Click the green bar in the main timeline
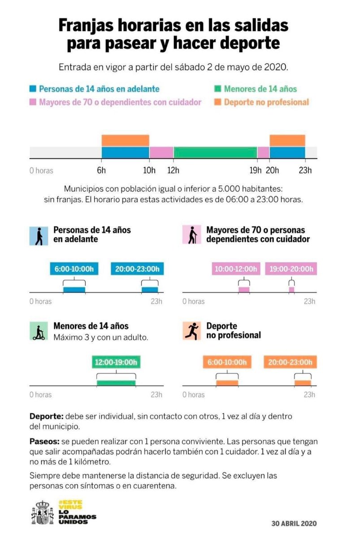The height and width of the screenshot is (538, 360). (x=215, y=152)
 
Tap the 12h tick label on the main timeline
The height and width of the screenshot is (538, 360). (x=173, y=170)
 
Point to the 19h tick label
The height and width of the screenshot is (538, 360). (x=255, y=170)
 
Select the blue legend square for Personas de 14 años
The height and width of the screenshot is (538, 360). (x=33, y=89)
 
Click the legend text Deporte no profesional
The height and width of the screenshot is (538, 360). (x=266, y=102)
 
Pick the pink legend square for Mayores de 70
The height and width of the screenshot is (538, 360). (x=33, y=102)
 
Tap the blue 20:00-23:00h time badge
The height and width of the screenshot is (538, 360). (x=137, y=269)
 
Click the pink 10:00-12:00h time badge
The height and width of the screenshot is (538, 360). (x=236, y=269)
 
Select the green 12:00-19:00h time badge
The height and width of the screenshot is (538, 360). (x=116, y=362)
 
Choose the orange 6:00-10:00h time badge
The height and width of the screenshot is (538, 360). (x=227, y=362)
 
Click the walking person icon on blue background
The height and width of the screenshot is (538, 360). (x=39, y=236)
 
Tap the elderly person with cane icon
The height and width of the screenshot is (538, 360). (x=191, y=234)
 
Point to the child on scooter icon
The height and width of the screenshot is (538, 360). (x=39, y=331)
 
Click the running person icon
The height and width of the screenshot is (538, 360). (x=191, y=331)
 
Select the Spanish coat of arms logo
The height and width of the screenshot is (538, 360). (x=43, y=512)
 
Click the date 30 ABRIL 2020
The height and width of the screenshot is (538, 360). (x=294, y=523)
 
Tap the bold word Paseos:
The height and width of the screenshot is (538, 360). (x=44, y=442)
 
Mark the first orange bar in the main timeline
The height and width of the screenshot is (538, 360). (x=126, y=140)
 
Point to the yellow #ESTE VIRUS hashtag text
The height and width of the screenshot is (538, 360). (x=70, y=505)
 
